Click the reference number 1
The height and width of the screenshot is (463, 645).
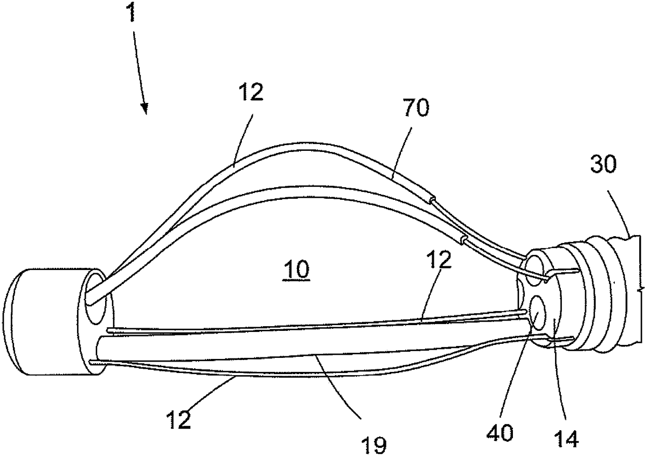point(132,14)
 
